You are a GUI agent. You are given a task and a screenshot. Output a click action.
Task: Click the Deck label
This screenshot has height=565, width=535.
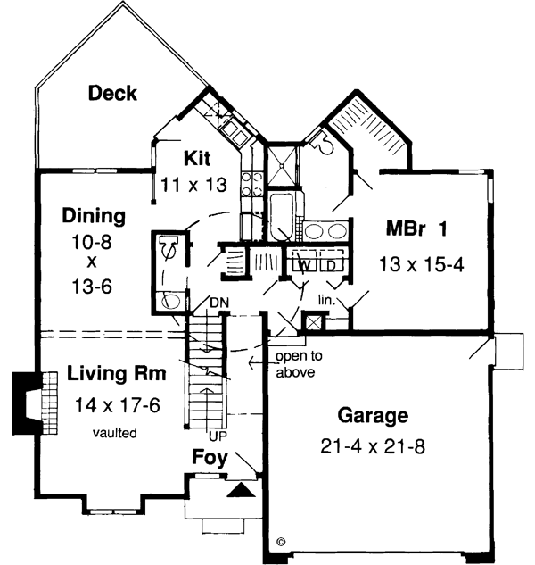click(112, 93)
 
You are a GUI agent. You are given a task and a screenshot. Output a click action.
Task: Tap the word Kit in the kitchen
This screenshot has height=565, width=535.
click(198, 158)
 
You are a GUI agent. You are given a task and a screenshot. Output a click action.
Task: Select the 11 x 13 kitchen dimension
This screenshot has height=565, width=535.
click(193, 185)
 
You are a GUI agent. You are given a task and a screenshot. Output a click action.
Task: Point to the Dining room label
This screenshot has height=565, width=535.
click(94, 215)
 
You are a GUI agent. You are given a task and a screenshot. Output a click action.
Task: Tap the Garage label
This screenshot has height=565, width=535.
click(373, 415)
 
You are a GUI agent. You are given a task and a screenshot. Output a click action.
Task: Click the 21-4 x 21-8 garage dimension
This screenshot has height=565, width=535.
click(373, 444)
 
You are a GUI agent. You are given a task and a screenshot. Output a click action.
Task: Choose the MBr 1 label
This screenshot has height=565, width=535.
click(417, 228)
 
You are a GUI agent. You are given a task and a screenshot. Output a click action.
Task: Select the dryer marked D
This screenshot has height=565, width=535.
click(329, 265)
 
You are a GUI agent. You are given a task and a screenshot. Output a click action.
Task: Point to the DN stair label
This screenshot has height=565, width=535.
click(219, 303)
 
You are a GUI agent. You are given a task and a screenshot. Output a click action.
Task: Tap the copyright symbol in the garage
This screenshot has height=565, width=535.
click(280, 541)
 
